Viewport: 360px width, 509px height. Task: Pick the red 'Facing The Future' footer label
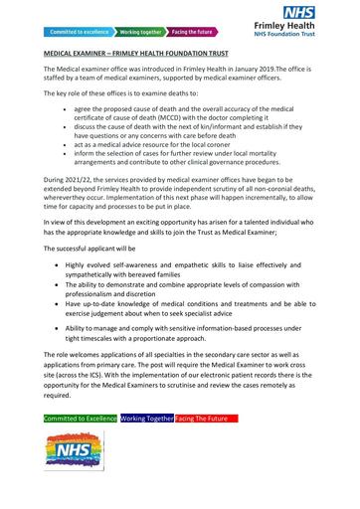(x=206, y=420)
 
